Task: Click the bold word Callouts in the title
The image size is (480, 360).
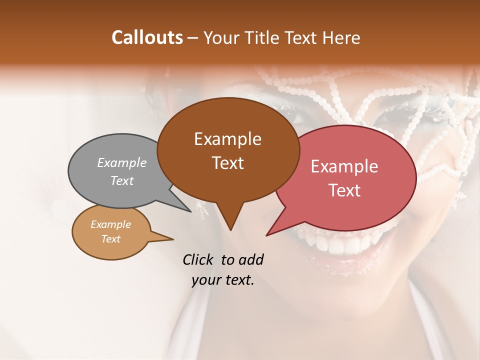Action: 147,37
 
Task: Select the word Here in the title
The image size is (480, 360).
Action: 340,37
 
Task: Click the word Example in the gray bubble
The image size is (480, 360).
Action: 122,162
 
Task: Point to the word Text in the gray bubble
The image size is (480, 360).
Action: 122,180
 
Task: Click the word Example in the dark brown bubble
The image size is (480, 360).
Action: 227,139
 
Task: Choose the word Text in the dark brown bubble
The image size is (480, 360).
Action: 227,163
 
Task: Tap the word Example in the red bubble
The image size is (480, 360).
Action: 344,166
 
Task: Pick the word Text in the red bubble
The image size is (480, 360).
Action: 344,190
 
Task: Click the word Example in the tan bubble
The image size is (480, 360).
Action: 110,224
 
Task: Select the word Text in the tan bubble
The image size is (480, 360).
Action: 110,239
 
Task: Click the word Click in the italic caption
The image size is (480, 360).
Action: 199,259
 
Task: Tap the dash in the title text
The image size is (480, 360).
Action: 193,38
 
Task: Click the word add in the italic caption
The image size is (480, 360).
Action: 250,259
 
